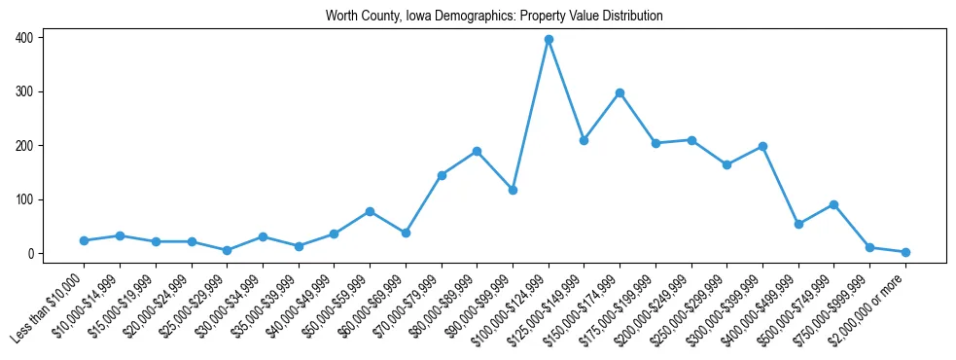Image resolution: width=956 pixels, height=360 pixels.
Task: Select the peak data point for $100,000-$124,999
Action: pyautogui.click(x=549, y=39)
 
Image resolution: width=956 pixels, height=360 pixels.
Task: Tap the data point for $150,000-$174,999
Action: pyautogui.click(x=620, y=92)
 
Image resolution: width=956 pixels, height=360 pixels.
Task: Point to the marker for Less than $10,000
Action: pyautogui.click(x=84, y=240)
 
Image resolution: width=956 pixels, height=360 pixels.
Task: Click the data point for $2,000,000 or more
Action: pyautogui.click(x=905, y=252)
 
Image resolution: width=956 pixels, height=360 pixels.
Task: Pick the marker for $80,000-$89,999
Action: pyautogui.click(x=477, y=151)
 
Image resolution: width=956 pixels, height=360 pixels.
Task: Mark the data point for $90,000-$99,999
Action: pyautogui.click(x=513, y=190)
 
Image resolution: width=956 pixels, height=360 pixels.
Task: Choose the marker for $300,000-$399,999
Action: pyautogui.click(x=762, y=146)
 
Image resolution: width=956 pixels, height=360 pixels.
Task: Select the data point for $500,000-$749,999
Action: pyautogui.click(x=833, y=204)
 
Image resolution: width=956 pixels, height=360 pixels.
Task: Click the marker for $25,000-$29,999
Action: pyautogui.click(x=227, y=250)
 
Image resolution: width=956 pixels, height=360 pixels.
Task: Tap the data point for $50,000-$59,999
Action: pyautogui.click(x=370, y=211)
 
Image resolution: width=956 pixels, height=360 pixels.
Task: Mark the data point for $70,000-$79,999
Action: pyautogui.click(x=442, y=175)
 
